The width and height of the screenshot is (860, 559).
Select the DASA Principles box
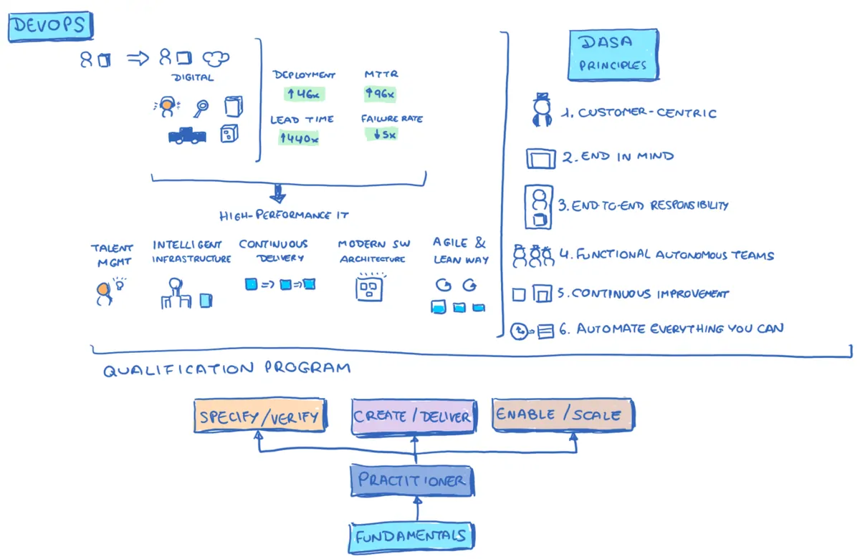point(613,54)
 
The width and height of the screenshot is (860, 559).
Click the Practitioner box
point(412,480)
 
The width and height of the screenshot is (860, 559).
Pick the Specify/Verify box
point(260,416)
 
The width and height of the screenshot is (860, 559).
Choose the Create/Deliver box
point(413,416)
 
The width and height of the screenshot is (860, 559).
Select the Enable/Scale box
point(563,414)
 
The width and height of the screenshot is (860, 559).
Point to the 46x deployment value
point(300,92)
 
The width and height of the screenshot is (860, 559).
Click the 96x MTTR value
point(381,92)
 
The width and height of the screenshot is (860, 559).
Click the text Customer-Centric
point(647,113)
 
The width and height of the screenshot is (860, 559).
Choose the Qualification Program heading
point(227,369)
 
